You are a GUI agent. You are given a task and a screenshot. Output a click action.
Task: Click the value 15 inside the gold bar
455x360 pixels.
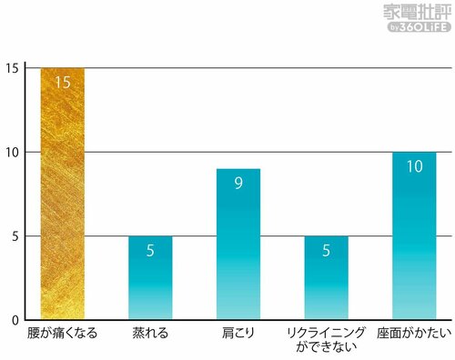62,83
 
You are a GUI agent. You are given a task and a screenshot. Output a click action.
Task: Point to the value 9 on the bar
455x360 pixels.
238,184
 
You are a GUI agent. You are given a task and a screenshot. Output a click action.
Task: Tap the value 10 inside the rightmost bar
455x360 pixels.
414,166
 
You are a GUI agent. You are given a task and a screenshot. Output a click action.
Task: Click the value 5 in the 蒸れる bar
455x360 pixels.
150,251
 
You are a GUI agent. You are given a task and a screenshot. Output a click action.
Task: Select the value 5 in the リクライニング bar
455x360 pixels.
326,251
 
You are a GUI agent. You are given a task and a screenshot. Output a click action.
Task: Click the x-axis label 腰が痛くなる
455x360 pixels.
62,335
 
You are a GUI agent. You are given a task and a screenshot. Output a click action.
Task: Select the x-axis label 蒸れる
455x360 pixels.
150,335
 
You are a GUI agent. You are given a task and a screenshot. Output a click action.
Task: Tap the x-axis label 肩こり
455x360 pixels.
238,335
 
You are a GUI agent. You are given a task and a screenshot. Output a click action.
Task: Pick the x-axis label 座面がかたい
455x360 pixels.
414,335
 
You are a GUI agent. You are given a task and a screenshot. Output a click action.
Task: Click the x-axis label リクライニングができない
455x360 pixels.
326,340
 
